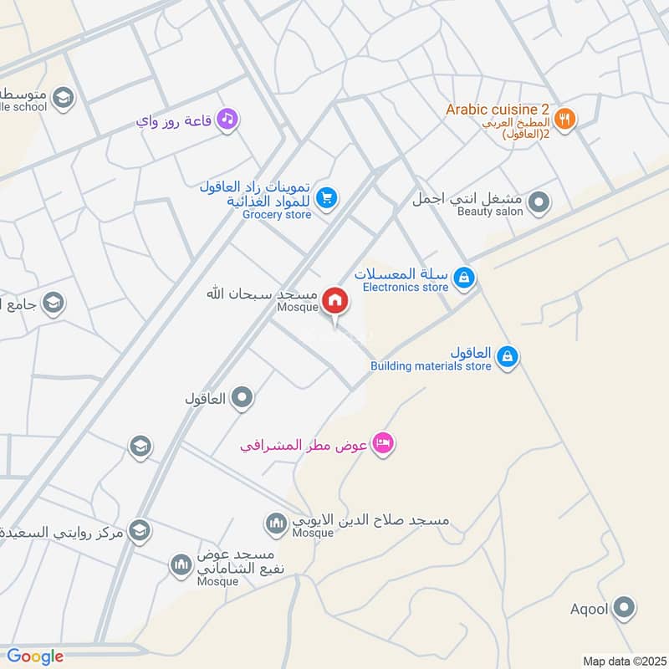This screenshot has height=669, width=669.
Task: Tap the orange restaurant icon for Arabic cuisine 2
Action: (565, 119)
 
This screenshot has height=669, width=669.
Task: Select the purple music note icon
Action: (227, 120)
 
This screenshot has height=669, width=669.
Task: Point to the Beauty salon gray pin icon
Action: (540, 202)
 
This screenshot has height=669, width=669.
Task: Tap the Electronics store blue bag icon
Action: (465, 278)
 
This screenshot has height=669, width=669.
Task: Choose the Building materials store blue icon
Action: (506, 357)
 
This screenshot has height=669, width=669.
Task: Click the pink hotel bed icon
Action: (383, 443)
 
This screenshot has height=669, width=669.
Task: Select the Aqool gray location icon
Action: (623, 608)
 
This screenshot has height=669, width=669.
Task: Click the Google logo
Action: (35, 656)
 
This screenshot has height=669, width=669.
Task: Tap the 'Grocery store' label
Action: (277, 215)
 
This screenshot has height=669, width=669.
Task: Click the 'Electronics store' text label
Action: (406, 288)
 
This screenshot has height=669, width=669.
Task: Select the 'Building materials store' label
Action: (431, 366)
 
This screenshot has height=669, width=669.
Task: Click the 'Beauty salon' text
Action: (490, 212)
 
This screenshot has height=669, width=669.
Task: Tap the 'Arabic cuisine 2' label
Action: (498, 110)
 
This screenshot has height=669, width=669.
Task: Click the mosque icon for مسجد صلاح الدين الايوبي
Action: (276, 524)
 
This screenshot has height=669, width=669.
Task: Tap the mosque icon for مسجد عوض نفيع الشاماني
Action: (181, 566)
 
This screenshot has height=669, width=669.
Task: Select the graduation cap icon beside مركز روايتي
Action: (140, 530)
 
